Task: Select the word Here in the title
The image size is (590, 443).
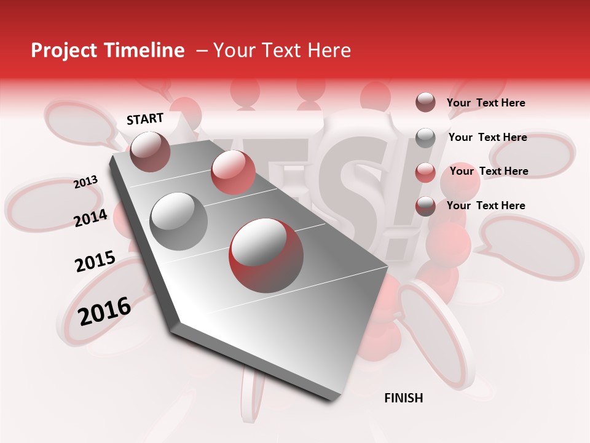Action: click(328, 50)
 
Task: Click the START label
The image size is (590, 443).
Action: click(145, 119)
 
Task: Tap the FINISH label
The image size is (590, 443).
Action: click(403, 398)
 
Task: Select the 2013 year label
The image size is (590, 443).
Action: click(86, 182)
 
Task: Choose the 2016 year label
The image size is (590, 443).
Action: click(104, 311)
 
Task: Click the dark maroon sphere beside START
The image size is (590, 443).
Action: click(150, 151)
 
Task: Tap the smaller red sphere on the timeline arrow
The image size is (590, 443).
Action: click(233, 172)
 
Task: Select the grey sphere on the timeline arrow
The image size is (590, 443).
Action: click(178, 221)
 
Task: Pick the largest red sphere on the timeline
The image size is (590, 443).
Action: click(266, 255)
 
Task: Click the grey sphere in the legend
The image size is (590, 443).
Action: click(425, 137)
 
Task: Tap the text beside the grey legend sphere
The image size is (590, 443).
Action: click(487, 137)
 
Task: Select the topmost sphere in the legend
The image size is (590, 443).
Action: click(425, 102)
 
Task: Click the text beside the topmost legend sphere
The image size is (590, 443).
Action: click(486, 103)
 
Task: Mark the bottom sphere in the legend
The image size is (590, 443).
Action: click(425, 206)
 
